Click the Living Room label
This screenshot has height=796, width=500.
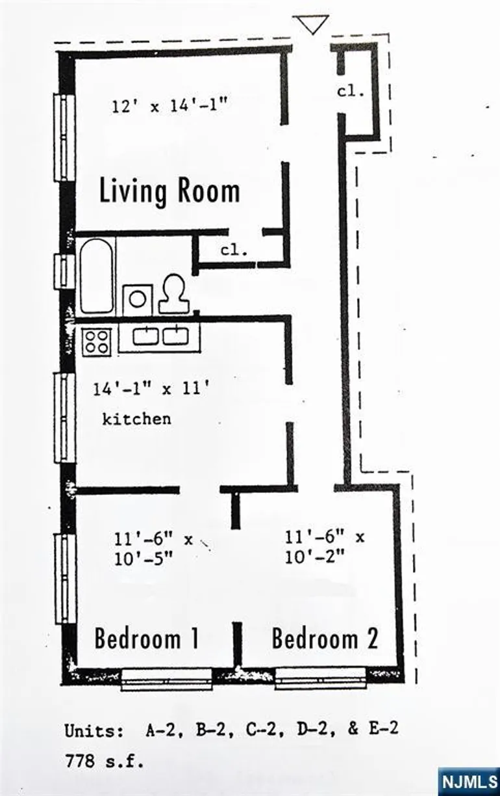coord(169,191)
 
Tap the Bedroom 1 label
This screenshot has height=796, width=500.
coord(147,639)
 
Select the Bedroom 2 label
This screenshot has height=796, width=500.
coord(325,639)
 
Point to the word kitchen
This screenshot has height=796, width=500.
coord(136,419)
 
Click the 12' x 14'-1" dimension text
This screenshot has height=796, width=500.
coord(169,105)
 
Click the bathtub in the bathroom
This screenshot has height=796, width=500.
coord(96,276)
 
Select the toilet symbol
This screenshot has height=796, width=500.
coord(173,294)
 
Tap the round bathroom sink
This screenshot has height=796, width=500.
coord(138,299)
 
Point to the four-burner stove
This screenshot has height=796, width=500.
coord(97,342)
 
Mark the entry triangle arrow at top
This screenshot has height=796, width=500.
coord(312,24)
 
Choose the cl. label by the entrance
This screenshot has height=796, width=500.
coord(351,92)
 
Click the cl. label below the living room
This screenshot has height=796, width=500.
coord(234,250)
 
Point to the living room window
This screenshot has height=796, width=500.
coord(64,137)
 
